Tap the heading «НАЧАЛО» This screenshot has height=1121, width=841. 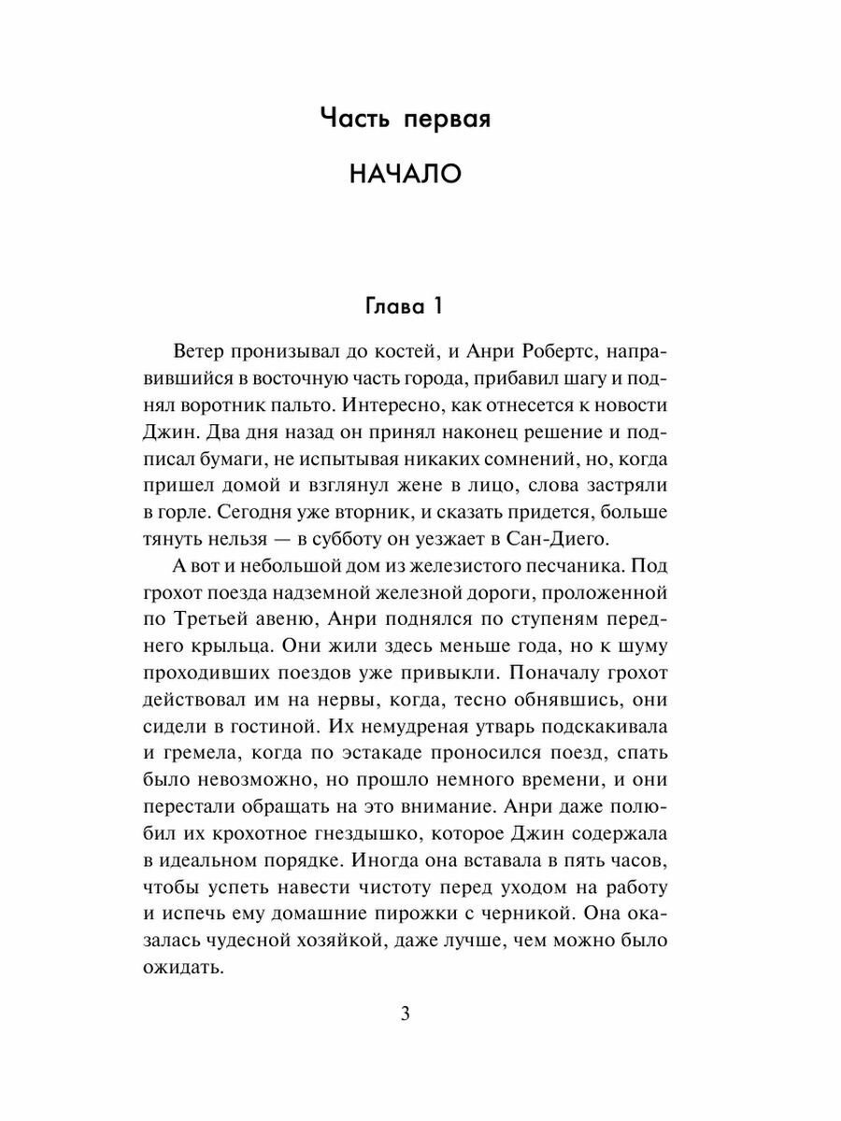(405, 175)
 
